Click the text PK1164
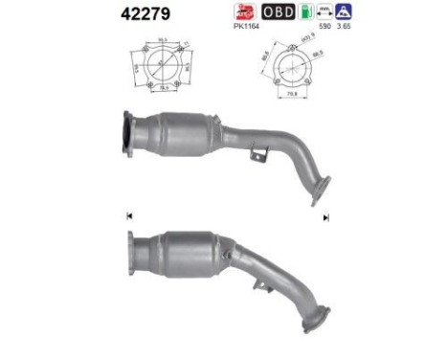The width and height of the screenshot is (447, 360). pyautogui.click(x=248, y=28)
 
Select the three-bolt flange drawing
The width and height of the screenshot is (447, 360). pyautogui.click(x=287, y=69)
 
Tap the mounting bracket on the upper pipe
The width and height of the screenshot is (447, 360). pyautogui.click(x=256, y=152)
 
